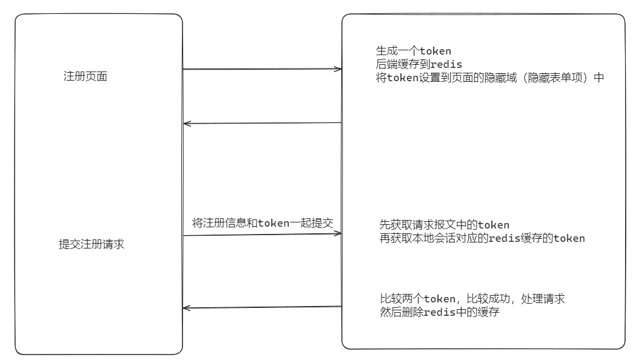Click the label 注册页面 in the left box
tap(85, 78)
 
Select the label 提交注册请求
tap(92, 244)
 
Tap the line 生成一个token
tap(413, 51)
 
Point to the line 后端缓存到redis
tap(419, 64)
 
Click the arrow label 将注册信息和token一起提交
tap(263, 223)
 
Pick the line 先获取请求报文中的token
tap(444, 225)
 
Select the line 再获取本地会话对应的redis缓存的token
tap(482, 238)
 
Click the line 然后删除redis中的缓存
tap(440, 313)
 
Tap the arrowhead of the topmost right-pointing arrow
tap(338, 69)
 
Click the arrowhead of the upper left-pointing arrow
tap(187, 124)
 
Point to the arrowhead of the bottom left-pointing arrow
tap(187, 308)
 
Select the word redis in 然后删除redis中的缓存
tap(440, 313)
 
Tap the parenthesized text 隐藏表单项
tap(555, 78)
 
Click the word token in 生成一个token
tap(435, 51)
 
